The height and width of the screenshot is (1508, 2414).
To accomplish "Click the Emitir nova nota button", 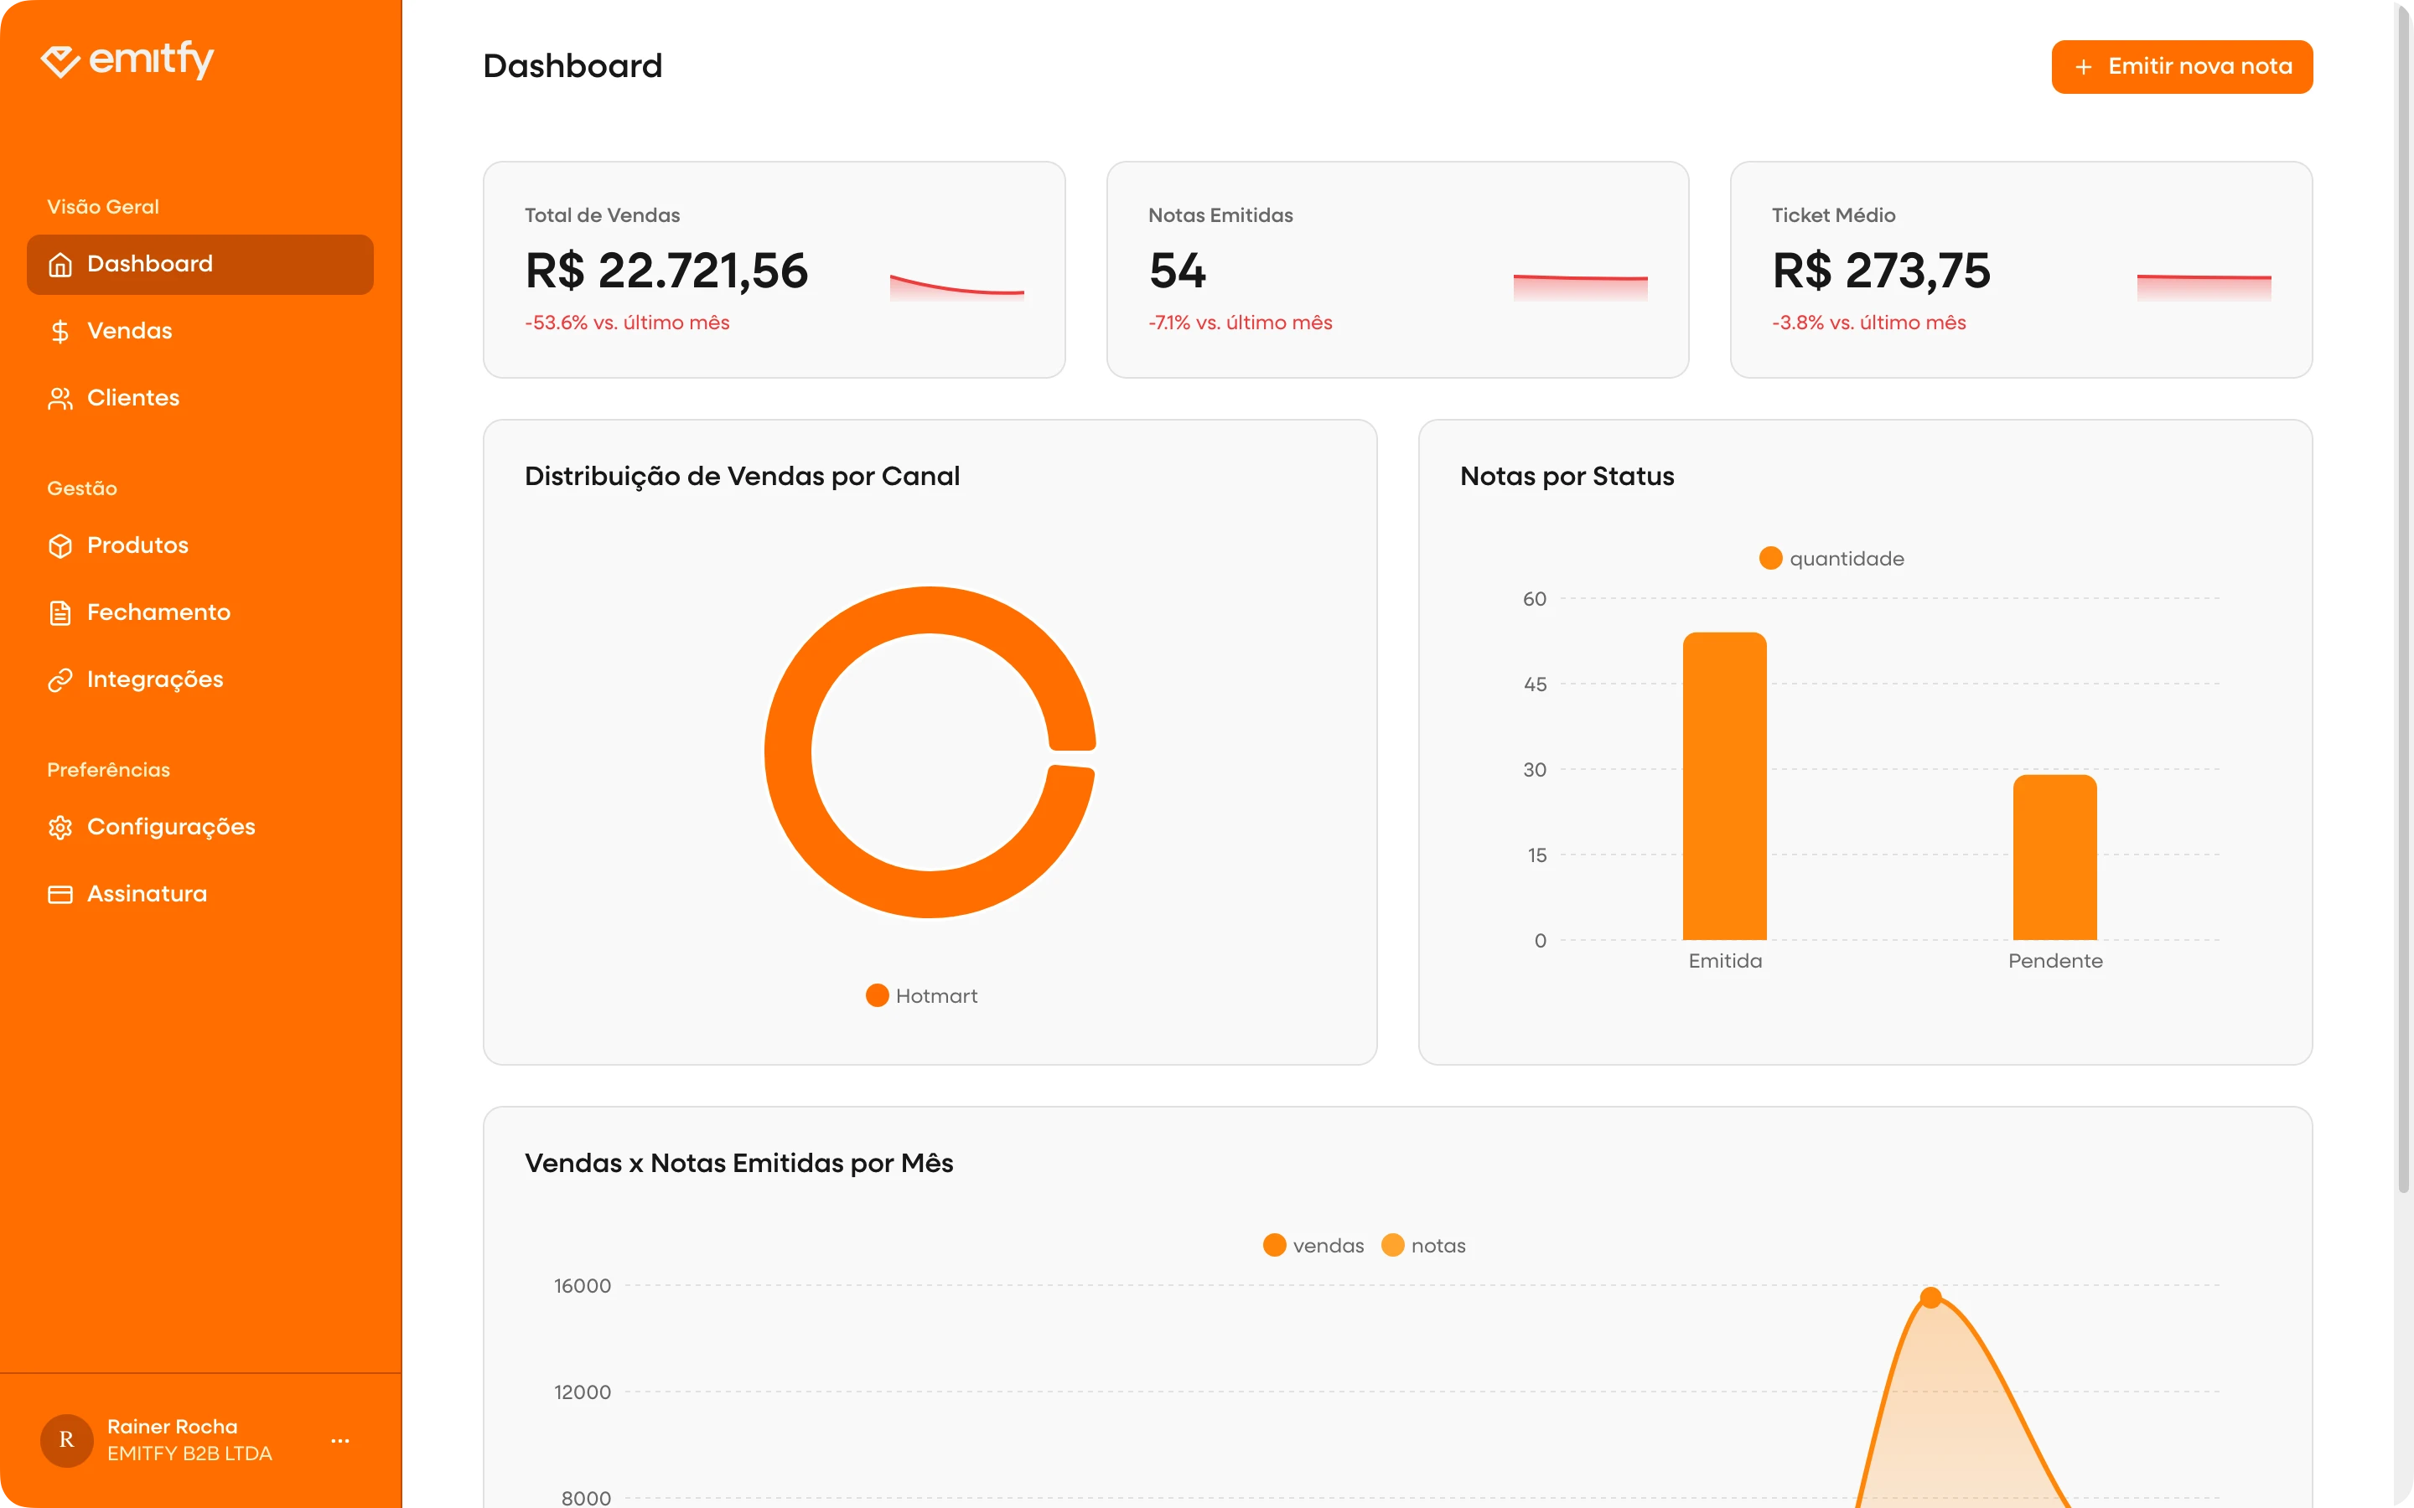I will pyautogui.click(x=2182, y=67).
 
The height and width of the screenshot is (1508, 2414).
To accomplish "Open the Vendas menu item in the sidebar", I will pyautogui.click(x=129, y=331).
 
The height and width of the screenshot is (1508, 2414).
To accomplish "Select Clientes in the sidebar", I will pyautogui.click(x=132, y=398).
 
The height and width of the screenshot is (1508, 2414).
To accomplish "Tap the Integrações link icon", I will pyautogui.click(x=60, y=680).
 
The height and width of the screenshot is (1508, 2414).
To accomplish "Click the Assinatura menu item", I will pyautogui.click(x=146, y=894).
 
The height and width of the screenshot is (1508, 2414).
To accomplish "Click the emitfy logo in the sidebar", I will pyautogui.click(x=127, y=59).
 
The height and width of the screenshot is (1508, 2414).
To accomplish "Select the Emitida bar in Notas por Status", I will pyautogui.click(x=1723, y=788).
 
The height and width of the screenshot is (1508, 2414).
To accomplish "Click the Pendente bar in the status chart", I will pyautogui.click(x=2054, y=858).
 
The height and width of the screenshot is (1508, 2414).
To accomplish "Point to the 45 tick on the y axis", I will pyautogui.click(x=1534, y=684).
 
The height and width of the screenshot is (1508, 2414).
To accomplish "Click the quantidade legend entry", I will pyautogui.click(x=1832, y=559).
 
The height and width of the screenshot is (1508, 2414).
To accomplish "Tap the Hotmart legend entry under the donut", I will pyautogui.click(x=922, y=995).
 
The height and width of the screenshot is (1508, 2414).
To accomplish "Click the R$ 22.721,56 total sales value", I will pyautogui.click(x=666, y=271).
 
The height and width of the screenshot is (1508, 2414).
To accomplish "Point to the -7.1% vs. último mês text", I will pyautogui.click(x=1240, y=323).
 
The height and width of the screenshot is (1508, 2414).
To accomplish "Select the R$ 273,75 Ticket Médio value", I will pyautogui.click(x=1880, y=271).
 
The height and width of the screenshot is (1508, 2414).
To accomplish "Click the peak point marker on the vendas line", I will pyautogui.click(x=1930, y=1298).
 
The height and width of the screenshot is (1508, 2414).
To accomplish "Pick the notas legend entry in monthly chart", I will pyautogui.click(x=1423, y=1246).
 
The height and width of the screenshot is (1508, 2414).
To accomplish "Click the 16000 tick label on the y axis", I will pyautogui.click(x=583, y=1287).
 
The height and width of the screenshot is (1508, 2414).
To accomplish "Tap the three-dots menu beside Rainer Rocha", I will pyautogui.click(x=340, y=1440).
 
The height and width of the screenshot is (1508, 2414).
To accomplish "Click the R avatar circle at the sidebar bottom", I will pyautogui.click(x=67, y=1440).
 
